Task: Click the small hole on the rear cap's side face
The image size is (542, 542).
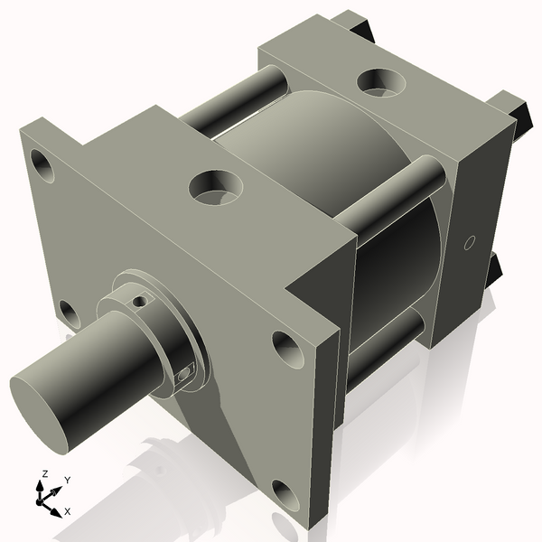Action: (468, 242)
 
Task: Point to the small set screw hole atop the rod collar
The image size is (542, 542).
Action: (138, 300)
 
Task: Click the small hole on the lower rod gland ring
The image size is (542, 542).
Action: (185, 371)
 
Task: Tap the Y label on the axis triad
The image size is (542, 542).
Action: (68, 481)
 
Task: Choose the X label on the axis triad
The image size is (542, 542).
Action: (68, 511)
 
